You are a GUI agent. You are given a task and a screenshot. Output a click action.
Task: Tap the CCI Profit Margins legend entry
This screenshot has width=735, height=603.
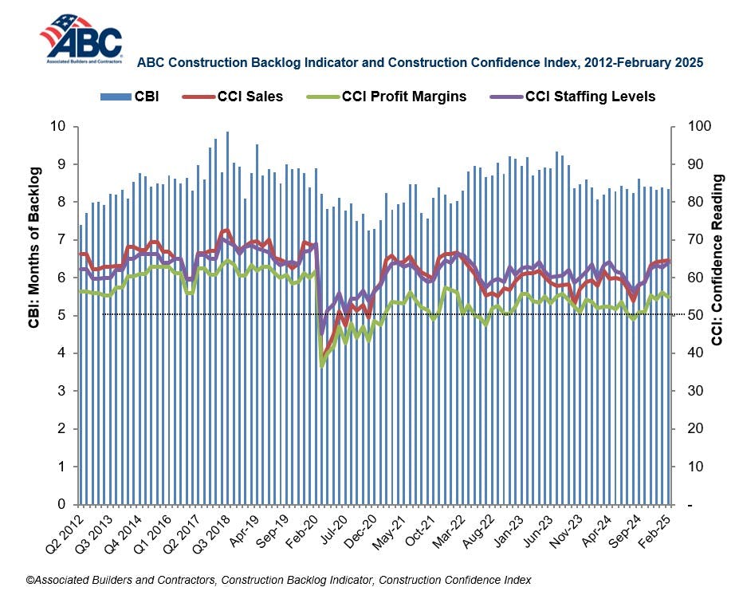tap(386, 97)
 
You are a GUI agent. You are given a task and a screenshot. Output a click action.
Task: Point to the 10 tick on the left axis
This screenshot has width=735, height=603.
tap(57, 126)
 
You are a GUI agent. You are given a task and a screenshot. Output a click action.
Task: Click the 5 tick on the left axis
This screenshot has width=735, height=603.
tap(61, 315)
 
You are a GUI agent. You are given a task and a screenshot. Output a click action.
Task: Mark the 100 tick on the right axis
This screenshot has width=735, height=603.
tap(690, 126)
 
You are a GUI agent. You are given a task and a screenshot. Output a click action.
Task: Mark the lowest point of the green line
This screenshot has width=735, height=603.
tap(322, 365)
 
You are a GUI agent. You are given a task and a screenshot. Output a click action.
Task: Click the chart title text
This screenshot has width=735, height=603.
tap(421, 61)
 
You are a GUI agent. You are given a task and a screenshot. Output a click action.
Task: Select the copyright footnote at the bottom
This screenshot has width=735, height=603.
tap(278, 580)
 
